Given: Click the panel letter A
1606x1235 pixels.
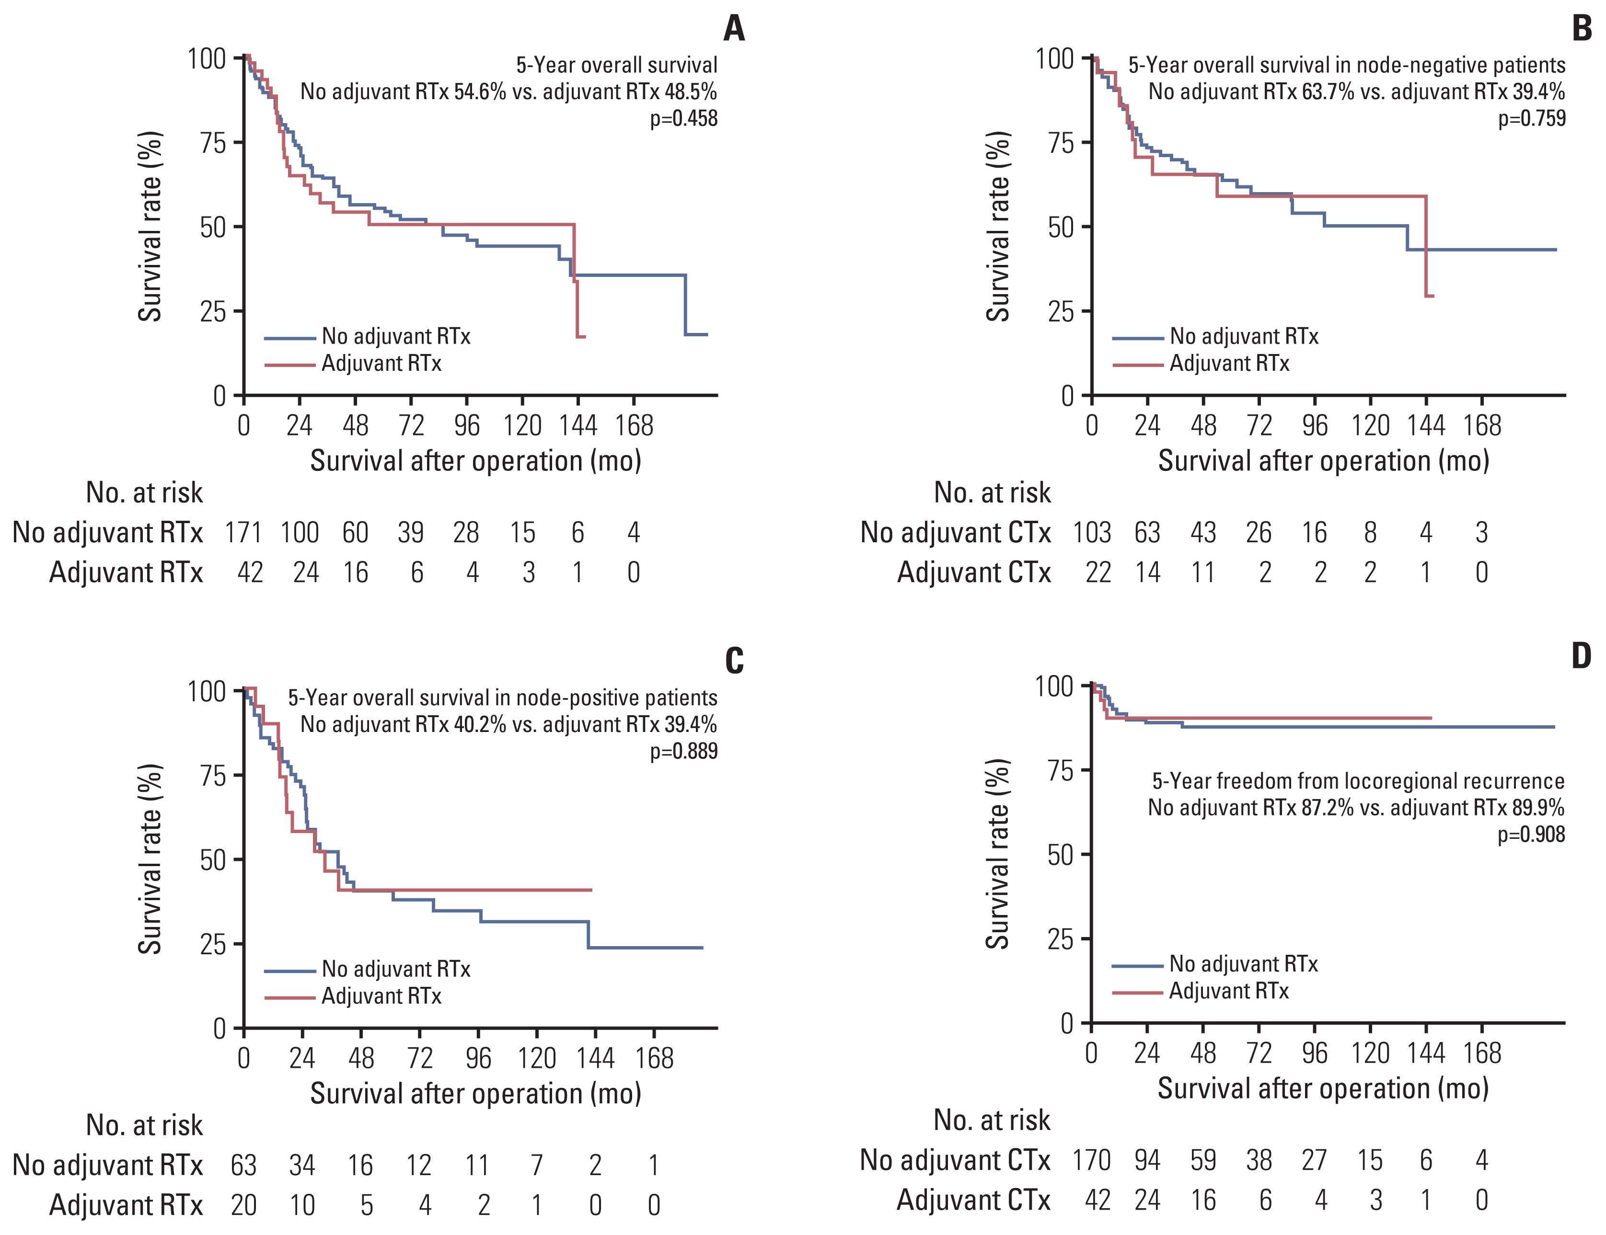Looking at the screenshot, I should pyautogui.click(x=734, y=29).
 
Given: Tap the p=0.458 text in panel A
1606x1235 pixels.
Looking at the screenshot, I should pyautogui.click(x=683, y=118).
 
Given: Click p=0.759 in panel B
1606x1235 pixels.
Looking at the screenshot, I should pyautogui.click(x=1532, y=118).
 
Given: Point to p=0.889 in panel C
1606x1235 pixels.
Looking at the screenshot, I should pyautogui.click(x=683, y=751).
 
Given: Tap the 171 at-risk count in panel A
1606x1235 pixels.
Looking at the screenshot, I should pyautogui.click(x=243, y=532).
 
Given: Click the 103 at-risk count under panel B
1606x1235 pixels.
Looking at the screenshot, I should pyautogui.click(x=1091, y=532).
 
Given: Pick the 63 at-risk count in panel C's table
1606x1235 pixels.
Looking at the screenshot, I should pyautogui.click(x=243, y=1165).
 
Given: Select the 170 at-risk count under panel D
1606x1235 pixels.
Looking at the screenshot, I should pyautogui.click(x=1091, y=1160).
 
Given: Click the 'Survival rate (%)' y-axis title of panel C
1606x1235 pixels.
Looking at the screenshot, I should pyautogui.click(x=150, y=858).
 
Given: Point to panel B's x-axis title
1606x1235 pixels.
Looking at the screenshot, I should pyautogui.click(x=1324, y=461).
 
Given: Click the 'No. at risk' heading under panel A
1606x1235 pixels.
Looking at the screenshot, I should pyautogui.click(x=144, y=492).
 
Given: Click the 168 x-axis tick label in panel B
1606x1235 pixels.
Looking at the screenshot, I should pyautogui.click(x=1482, y=425).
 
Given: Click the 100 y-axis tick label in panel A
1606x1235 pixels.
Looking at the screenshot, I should pyautogui.click(x=207, y=59).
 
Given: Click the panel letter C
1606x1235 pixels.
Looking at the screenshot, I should pyautogui.click(x=734, y=660).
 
